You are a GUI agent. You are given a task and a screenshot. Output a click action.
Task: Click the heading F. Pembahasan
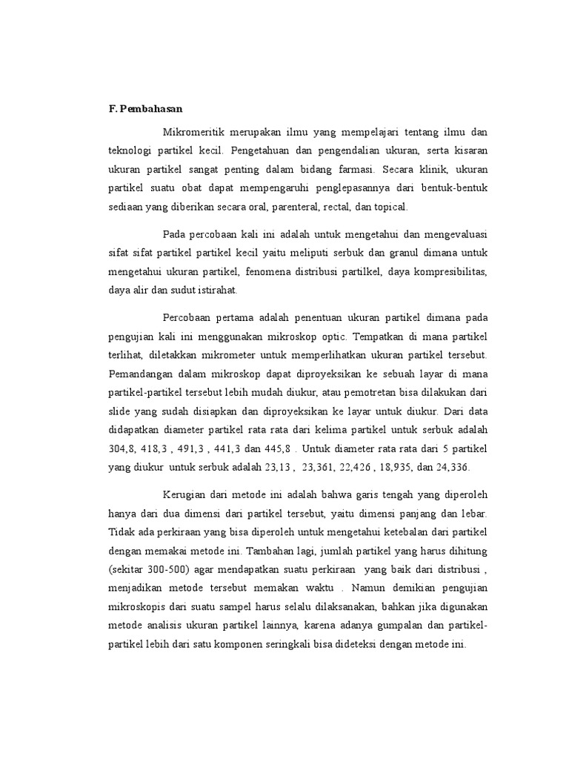tap(145, 107)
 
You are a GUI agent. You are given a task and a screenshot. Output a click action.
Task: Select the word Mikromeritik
tap(194, 131)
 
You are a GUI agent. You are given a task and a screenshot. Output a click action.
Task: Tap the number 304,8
tap(122, 449)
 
